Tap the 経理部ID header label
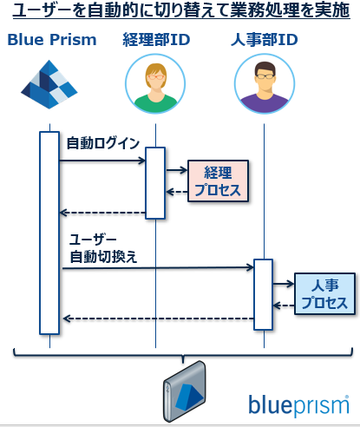click(x=155, y=41)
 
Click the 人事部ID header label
click(x=265, y=41)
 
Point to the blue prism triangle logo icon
click(x=49, y=87)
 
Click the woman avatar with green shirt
click(x=155, y=87)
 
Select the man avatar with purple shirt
click(x=265, y=87)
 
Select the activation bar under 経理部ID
click(x=155, y=183)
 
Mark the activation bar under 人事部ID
click(x=263, y=294)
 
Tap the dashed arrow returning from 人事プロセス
click(x=284, y=305)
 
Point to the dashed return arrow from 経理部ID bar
click(x=101, y=213)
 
